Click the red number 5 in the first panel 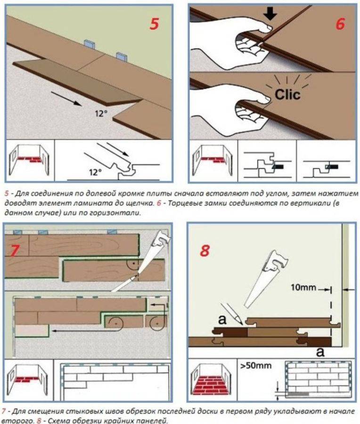tap(154, 24)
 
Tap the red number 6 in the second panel tap(340, 24)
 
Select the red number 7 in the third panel tap(15, 250)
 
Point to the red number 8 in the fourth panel tap(205, 251)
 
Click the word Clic tap(287, 94)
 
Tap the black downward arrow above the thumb tap(270, 13)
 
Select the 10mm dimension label tap(303, 287)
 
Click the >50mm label tap(255, 366)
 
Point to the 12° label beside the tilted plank tap(101, 114)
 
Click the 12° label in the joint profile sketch tap(96, 172)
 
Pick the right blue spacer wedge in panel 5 tap(122, 56)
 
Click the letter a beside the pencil tap(222, 319)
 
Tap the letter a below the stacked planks tap(320, 352)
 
